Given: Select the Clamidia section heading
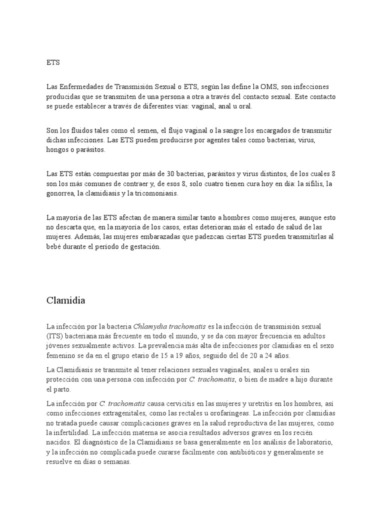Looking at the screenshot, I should tap(65, 300).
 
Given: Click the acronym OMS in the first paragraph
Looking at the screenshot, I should tap(266, 87).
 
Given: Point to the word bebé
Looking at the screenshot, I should tap(54, 246).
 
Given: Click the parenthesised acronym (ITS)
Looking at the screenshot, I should tap(54, 336).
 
